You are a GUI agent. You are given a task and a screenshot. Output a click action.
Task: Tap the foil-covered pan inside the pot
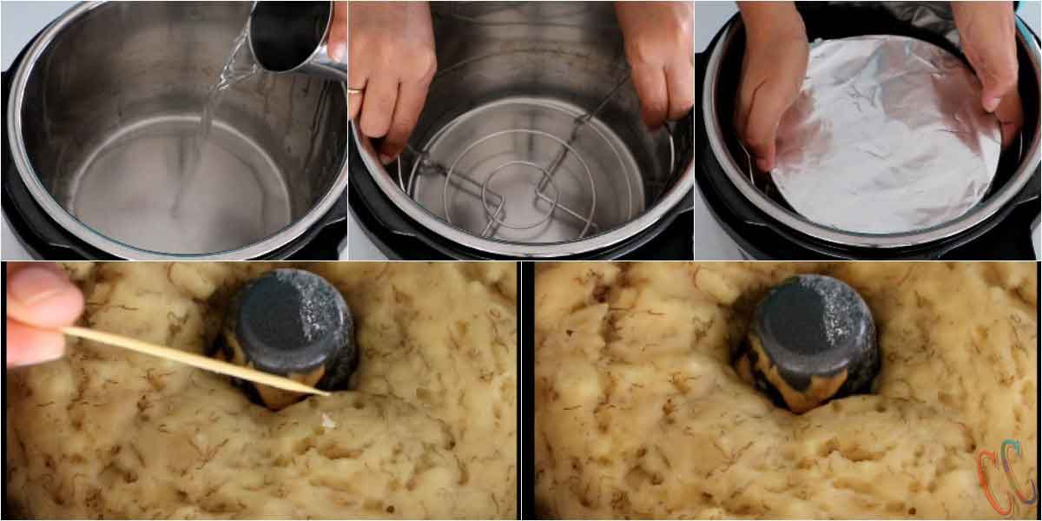886,139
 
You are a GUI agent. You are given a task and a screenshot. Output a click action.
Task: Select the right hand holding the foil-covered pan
990,61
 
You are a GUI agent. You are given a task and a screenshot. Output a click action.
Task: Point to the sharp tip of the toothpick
326,393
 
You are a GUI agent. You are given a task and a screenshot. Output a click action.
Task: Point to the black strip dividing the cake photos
525,391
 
